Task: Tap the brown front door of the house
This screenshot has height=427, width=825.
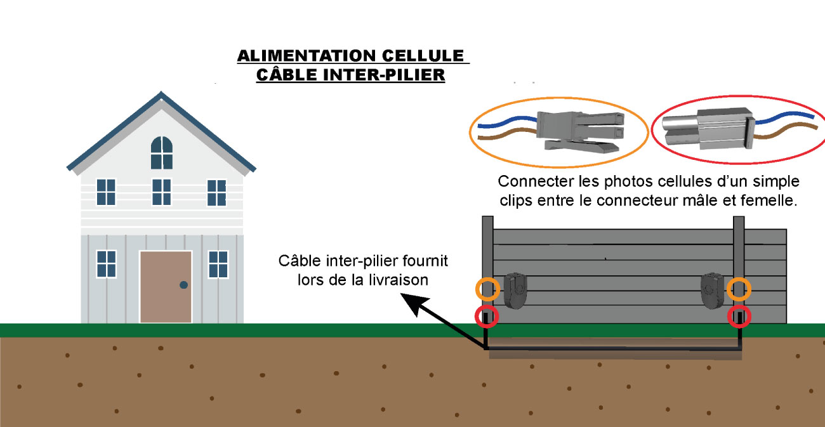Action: click(166, 286)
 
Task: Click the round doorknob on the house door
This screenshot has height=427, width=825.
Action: click(183, 285)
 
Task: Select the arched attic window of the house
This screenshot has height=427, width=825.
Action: click(161, 153)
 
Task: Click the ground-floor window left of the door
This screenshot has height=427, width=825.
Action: click(106, 264)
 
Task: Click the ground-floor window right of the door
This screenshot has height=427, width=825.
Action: click(218, 264)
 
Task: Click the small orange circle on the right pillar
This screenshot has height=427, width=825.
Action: click(739, 289)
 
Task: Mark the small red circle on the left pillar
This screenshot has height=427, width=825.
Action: click(487, 316)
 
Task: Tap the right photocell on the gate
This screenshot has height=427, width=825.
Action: click(711, 291)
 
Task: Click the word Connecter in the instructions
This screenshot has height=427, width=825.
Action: click(527, 181)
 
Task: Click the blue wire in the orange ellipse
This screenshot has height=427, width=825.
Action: click(501, 119)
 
